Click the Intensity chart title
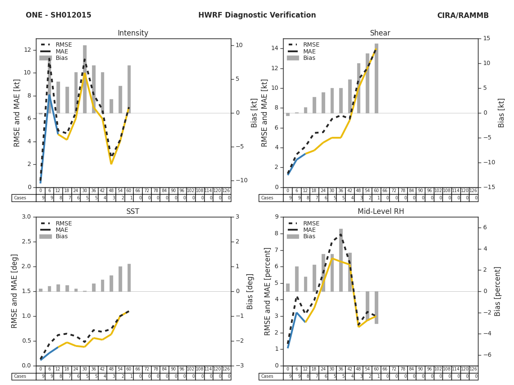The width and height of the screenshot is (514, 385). coord(133,33)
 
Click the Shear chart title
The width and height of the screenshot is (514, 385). coord(380,33)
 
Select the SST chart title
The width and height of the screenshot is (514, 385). coord(133,212)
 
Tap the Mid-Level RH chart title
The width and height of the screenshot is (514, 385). coord(380,212)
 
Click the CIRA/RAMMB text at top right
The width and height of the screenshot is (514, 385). coord(463,15)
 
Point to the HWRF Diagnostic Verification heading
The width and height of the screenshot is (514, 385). coord(257,15)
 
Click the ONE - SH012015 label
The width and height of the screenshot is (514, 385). coord(58,15)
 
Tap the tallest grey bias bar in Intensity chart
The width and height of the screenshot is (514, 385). coord(85,79)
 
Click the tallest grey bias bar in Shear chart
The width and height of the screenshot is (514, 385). coord(377,78)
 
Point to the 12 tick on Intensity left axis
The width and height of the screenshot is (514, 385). coord(27,50)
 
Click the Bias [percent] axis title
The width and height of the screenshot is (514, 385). coord(498,291)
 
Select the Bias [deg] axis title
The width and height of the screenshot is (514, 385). coord(251,291)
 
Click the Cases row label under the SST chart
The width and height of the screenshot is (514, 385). coord(20,376)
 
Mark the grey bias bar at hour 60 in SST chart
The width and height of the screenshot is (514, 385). coord(129,278)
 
